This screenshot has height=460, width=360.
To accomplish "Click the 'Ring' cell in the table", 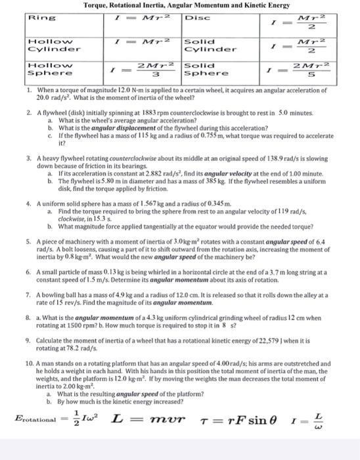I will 39,18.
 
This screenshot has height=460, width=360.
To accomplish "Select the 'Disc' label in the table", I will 198,18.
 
